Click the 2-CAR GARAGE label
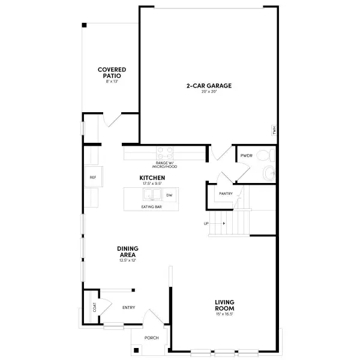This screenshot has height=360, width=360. [x=208, y=86]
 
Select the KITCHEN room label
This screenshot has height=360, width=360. [x=152, y=178]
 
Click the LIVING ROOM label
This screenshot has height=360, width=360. [x=224, y=304]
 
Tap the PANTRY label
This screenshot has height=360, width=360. [x=226, y=194]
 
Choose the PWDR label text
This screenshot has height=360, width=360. [x=246, y=155]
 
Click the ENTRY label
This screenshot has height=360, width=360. [x=128, y=308]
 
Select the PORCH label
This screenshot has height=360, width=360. [x=152, y=338]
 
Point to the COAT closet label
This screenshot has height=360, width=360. [x=94, y=306]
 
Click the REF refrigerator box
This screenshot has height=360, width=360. [x=93, y=178]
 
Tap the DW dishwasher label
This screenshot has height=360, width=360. [x=169, y=196]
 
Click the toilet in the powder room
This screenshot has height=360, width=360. [x=265, y=156]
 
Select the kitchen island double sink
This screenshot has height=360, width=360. [x=151, y=196]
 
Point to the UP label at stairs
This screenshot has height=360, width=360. [x=206, y=224]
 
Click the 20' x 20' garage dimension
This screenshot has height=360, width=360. [x=208, y=92]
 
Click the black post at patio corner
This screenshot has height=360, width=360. [x=85, y=25]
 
